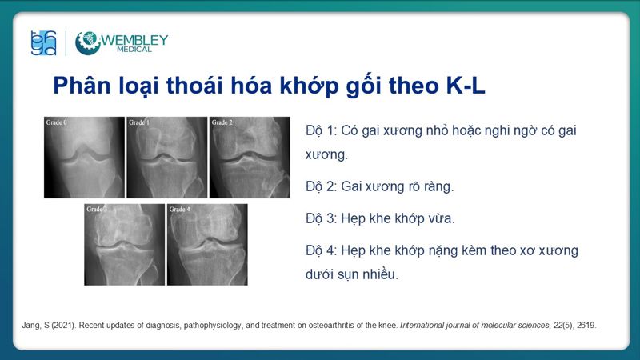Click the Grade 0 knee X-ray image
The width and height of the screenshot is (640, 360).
[84, 158]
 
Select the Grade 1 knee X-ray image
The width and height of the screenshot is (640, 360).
[166, 158]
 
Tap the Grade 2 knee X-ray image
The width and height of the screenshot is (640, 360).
[250, 158]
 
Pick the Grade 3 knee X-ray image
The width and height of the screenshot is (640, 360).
[124, 245]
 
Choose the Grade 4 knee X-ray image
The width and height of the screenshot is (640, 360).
[207, 245]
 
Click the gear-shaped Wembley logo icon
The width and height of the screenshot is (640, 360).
[87, 43]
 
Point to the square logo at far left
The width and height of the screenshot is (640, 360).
[42, 43]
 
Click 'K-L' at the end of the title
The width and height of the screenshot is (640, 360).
[466, 86]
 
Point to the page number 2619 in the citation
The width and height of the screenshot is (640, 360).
[586, 326]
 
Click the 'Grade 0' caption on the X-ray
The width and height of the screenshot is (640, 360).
[56, 122]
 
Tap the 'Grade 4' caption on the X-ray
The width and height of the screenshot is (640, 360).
[179, 210]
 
